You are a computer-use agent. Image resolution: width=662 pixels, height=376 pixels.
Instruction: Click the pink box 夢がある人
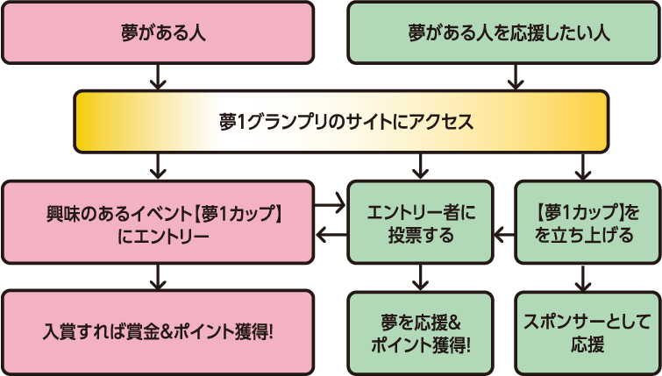[x=158, y=33]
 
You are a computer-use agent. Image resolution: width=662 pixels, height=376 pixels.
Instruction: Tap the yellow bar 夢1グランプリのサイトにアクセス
[x=342, y=121]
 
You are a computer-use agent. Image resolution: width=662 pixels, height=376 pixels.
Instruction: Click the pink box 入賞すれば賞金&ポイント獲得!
[x=158, y=333]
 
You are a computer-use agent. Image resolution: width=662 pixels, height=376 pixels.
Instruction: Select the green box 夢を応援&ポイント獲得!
[x=419, y=333]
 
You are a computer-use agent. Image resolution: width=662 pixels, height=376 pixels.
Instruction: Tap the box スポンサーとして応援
[x=587, y=333]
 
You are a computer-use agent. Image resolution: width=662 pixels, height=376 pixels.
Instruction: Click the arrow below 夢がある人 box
[x=158, y=77]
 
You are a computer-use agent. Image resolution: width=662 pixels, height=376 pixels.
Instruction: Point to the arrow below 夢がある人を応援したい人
[x=516, y=77]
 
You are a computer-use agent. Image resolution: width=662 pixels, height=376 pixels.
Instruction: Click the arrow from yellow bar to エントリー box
[x=158, y=165]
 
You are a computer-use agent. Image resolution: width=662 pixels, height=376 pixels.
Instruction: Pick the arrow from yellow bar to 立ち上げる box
[x=583, y=165]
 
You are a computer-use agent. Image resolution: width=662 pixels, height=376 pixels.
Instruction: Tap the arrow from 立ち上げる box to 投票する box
[x=503, y=235]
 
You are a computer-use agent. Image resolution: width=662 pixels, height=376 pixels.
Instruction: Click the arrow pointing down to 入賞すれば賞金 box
[x=158, y=279]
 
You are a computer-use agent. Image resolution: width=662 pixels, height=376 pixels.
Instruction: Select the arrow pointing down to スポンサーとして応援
[x=583, y=279]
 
